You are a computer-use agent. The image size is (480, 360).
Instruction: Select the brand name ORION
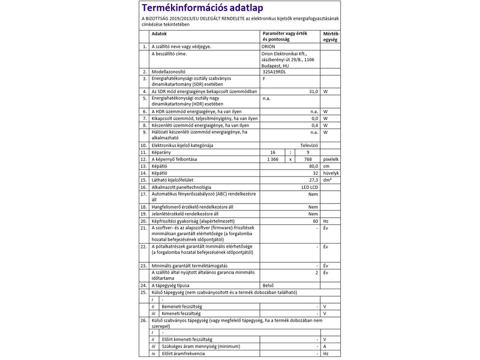click(271, 46)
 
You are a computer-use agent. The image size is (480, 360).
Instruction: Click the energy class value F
click(264, 79)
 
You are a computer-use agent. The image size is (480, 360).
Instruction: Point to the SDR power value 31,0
click(313, 91)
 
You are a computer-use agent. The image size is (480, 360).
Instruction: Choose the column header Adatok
click(159, 34)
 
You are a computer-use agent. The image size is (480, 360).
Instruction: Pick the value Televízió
click(308, 145)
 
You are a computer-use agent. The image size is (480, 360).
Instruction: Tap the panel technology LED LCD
click(309, 187)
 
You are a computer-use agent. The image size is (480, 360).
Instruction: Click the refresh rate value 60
click(314, 221)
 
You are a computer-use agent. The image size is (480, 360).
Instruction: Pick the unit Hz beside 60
click(326, 221)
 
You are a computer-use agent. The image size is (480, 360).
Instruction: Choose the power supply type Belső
click(268, 285)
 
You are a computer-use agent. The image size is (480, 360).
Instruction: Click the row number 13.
click(143, 166)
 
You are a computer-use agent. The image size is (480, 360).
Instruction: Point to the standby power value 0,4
click(314, 125)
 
